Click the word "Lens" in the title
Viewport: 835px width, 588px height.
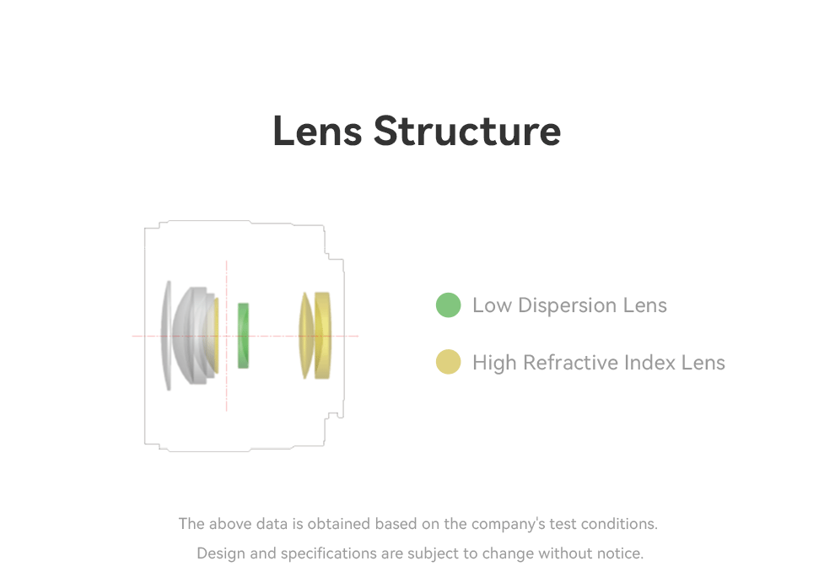tap(317, 131)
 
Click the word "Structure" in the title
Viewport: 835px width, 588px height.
tap(467, 131)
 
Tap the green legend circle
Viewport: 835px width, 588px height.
tap(448, 305)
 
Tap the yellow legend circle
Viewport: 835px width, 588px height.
tap(448, 362)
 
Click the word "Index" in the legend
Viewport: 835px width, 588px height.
tap(650, 363)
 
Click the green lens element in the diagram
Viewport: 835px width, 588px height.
tap(244, 335)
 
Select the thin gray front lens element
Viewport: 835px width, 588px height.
tap(169, 335)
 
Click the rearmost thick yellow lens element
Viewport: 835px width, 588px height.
tap(323, 335)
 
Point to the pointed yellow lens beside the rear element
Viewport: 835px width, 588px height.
tap(306, 335)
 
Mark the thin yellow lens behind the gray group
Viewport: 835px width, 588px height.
tap(216, 335)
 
